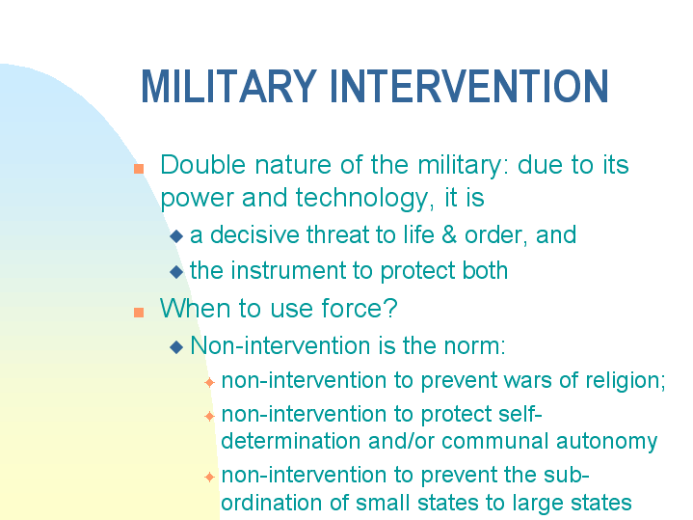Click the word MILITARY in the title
pyautogui.click(x=229, y=87)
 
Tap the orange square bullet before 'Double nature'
pyautogui.click(x=139, y=168)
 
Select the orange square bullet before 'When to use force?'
pyautogui.click(x=139, y=312)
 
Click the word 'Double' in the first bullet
pyautogui.click(x=198, y=165)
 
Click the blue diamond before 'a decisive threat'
pyautogui.click(x=175, y=236)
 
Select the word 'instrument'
pyautogui.click(x=287, y=270)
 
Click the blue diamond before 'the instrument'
pyautogui.click(x=175, y=272)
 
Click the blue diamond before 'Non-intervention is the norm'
pyautogui.click(x=175, y=346)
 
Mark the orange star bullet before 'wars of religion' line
pyautogui.click(x=209, y=383)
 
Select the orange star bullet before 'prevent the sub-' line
pyautogui.click(x=209, y=478)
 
